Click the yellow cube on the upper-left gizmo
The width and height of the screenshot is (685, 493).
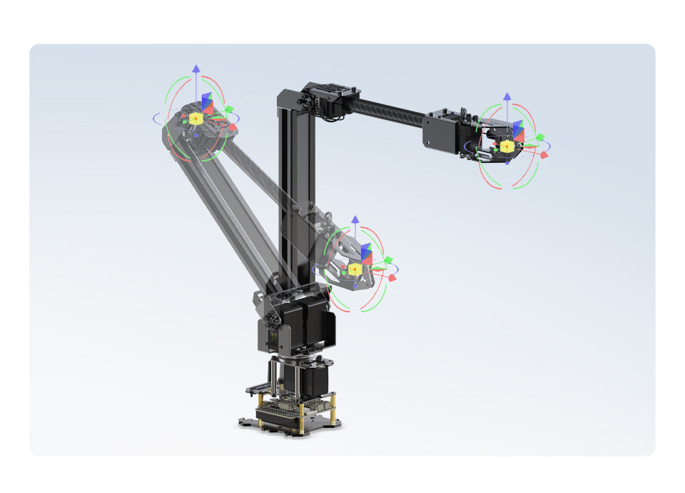click(196, 118)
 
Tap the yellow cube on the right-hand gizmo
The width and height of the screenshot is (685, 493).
click(507, 146)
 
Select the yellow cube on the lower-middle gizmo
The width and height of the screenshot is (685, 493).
click(355, 269)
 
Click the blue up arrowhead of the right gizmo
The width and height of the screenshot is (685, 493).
click(507, 96)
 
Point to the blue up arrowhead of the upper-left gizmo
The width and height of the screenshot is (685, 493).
click(196, 69)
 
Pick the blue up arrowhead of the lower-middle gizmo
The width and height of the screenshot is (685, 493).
click(355, 218)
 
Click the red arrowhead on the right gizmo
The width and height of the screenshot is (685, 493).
click(544, 154)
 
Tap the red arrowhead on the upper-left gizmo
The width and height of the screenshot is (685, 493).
click(232, 126)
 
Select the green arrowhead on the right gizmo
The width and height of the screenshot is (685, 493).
click(540, 137)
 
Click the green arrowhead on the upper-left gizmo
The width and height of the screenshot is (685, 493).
click(229, 109)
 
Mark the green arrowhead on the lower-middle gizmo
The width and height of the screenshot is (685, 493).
click(388, 260)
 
